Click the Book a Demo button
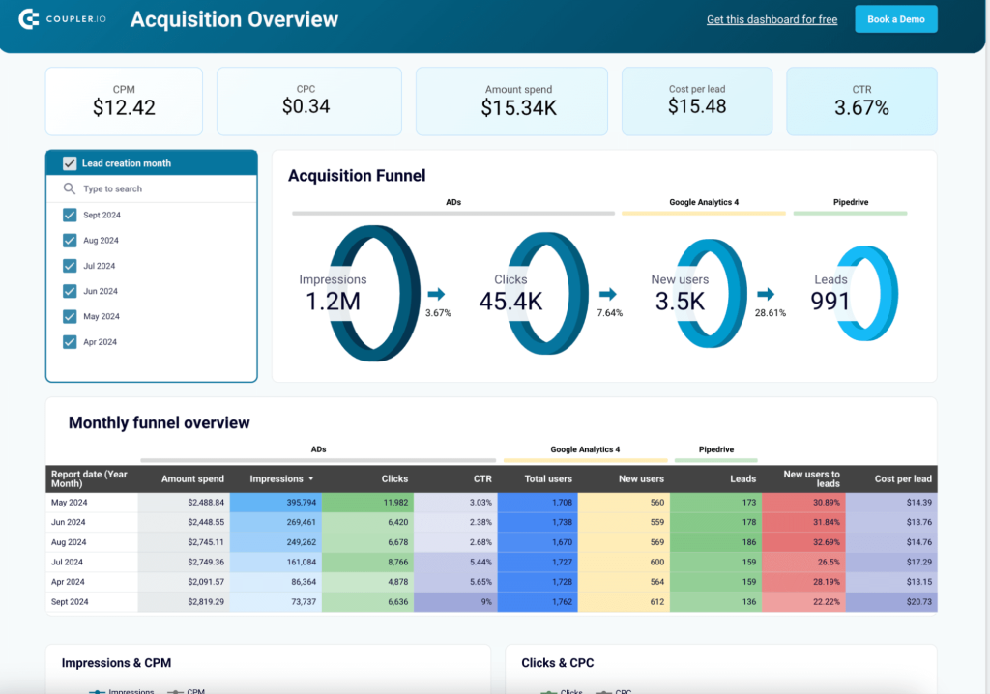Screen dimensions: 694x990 tap(896, 19)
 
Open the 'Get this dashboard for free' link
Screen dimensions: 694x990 tap(772, 19)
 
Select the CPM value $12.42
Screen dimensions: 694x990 tap(124, 108)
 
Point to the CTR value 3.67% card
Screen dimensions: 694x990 tap(861, 101)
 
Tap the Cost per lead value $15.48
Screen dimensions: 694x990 tap(697, 106)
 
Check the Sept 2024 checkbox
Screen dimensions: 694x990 tap(70, 215)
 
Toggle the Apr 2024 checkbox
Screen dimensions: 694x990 tap(70, 341)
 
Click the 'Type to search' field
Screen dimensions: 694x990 tap(155, 189)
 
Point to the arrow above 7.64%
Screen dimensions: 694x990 tap(608, 294)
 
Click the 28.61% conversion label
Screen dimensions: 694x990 tap(770, 313)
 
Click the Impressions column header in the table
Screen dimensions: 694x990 tap(277, 478)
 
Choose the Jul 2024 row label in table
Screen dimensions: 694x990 tap(68, 562)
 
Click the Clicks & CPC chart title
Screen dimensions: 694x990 tap(558, 663)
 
